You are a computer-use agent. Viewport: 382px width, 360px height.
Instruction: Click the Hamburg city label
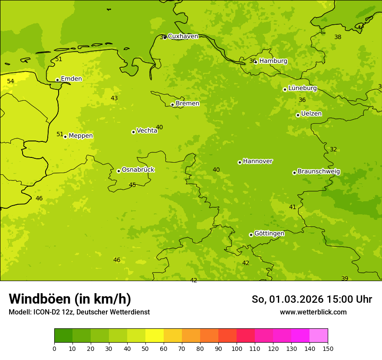tap(273, 61)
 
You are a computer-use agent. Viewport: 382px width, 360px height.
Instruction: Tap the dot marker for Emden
tap(57, 80)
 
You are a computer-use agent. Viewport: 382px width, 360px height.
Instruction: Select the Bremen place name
tap(188, 104)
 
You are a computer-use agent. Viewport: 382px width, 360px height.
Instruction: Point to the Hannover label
tap(257, 161)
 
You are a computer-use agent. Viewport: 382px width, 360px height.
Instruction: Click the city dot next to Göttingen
tap(251, 235)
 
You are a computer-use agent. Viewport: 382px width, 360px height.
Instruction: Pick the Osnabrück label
tap(138, 170)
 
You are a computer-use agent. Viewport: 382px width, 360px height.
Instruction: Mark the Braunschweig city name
tap(319, 172)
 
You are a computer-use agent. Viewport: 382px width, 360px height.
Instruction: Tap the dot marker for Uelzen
tap(298, 115)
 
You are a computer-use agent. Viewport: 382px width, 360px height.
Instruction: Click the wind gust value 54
tap(10, 81)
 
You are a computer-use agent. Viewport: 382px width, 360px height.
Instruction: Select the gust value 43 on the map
tap(114, 98)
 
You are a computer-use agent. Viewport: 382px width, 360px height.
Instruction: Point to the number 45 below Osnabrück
tap(132, 185)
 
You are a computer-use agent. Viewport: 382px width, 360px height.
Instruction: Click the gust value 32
tap(333, 149)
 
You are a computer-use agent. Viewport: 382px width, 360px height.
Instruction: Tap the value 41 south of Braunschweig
tap(293, 207)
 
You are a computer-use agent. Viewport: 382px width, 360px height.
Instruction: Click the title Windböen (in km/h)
tap(70, 299)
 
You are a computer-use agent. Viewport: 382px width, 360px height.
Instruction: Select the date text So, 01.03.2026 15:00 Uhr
tap(312, 299)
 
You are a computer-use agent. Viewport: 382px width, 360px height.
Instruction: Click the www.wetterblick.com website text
tap(313, 312)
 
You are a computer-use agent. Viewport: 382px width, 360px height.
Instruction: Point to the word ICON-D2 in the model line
tap(47, 312)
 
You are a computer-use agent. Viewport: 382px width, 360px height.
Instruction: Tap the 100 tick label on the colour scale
tap(237, 348)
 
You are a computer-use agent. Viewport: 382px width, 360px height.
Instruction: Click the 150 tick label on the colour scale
tap(328, 348)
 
